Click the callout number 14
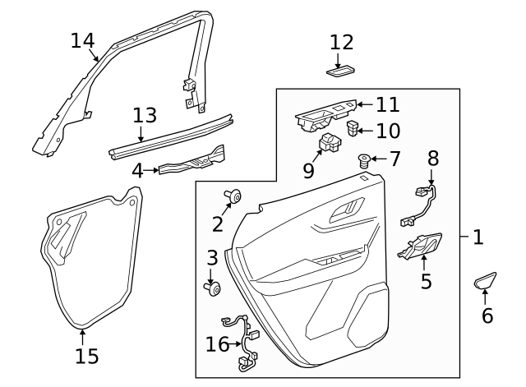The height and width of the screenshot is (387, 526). (x=82, y=39)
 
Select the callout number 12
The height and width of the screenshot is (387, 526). (x=341, y=41)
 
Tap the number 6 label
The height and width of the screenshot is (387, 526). (x=487, y=316)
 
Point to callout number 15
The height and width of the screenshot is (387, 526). (x=86, y=356)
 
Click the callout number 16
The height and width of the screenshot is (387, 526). (x=217, y=344)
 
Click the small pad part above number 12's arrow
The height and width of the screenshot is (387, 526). (x=341, y=71)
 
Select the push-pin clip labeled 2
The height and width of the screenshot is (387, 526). (x=234, y=196)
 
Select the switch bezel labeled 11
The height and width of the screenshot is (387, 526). (x=325, y=115)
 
